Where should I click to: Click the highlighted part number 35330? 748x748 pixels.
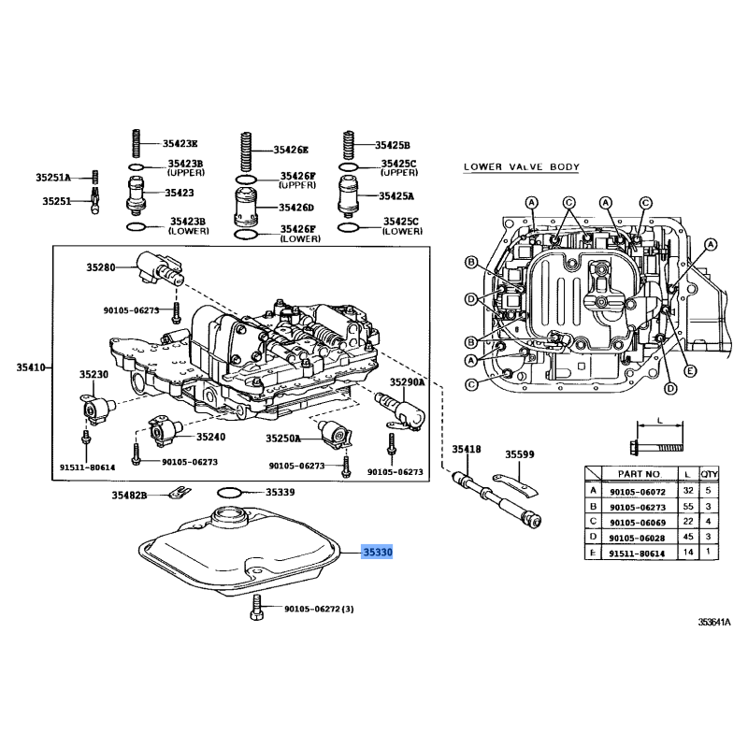378,552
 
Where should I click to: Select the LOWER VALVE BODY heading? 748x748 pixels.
522,167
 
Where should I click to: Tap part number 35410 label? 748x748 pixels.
31,367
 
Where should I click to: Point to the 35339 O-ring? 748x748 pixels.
229,492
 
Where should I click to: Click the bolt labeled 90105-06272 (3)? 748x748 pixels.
256,607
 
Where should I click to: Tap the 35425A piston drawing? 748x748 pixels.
348,195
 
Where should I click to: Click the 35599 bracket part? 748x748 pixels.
515,484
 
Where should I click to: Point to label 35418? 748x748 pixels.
467,449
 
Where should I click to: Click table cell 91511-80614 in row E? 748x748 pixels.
638,554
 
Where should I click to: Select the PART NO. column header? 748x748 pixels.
640,474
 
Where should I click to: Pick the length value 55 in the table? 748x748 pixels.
688,506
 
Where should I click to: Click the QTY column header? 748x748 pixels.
709,474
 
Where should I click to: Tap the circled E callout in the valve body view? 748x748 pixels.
689,371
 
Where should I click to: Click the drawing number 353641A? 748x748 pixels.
714,622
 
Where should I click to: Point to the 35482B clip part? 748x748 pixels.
180,492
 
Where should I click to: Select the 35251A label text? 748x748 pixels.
53,178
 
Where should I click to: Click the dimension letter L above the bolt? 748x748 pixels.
660,420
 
